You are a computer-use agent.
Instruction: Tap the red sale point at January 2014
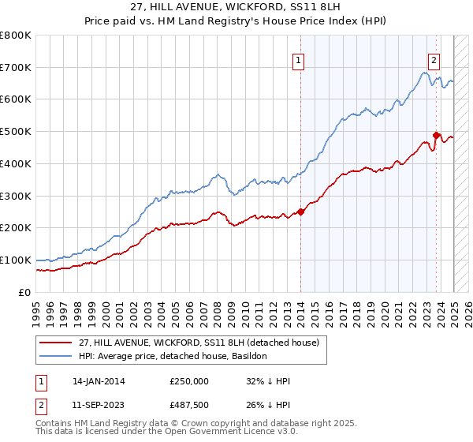pos(300,211)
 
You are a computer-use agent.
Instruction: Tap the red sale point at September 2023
pos(436,135)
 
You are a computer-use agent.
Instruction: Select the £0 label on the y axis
pos(25,292)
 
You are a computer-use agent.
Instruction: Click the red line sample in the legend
pos(57,343)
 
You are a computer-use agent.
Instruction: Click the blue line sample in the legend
pos(57,356)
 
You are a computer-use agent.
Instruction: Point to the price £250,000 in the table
pos(188,381)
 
